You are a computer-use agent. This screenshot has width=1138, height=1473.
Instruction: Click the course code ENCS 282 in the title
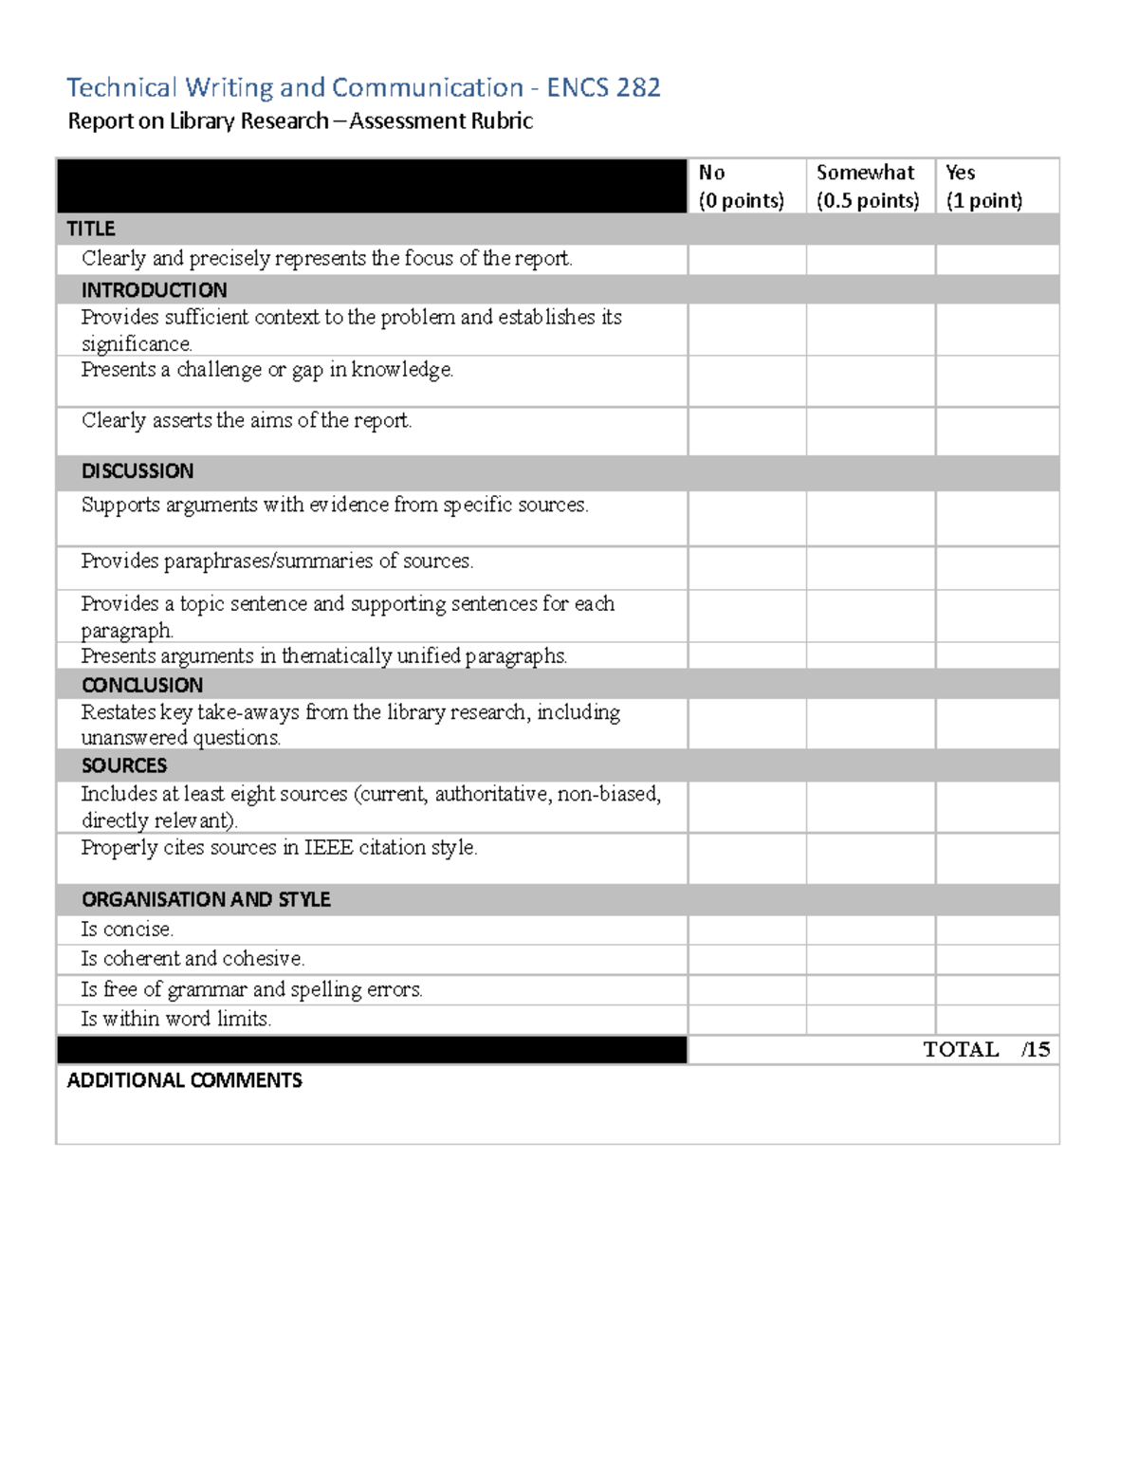click(x=603, y=88)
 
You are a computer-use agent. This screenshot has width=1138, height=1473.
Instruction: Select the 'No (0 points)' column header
click(x=741, y=186)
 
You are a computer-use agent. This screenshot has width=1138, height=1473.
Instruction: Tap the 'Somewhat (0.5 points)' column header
click(x=868, y=186)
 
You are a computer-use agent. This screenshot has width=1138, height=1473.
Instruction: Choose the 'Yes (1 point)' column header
click(x=983, y=186)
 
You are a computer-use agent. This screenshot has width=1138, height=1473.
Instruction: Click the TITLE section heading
click(x=91, y=229)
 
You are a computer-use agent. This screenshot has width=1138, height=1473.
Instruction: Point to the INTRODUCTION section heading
click(x=154, y=289)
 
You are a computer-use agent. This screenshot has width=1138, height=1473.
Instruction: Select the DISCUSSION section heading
click(x=138, y=471)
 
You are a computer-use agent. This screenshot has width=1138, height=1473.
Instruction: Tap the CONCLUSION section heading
click(x=142, y=685)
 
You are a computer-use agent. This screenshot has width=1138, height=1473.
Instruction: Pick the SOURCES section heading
click(x=124, y=765)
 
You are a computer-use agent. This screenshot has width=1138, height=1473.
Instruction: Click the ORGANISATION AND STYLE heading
click(x=206, y=899)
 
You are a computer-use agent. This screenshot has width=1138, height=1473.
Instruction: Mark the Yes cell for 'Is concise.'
click(x=997, y=930)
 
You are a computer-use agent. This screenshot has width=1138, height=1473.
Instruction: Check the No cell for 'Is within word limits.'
click(x=747, y=1020)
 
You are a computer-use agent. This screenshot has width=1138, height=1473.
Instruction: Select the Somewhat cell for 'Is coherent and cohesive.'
click(x=871, y=959)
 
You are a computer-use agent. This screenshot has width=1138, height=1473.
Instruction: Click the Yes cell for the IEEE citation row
click(x=997, y=858)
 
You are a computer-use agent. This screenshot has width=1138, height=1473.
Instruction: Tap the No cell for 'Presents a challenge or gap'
click(x=747, y=381)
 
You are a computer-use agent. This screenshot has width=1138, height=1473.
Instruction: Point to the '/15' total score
click(x=1036, y=1050)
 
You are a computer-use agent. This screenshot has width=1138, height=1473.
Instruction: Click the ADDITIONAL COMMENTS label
click(x=184, y=1080)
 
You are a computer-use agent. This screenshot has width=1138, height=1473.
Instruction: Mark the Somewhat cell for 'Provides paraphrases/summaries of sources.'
click(x=871, y=568)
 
